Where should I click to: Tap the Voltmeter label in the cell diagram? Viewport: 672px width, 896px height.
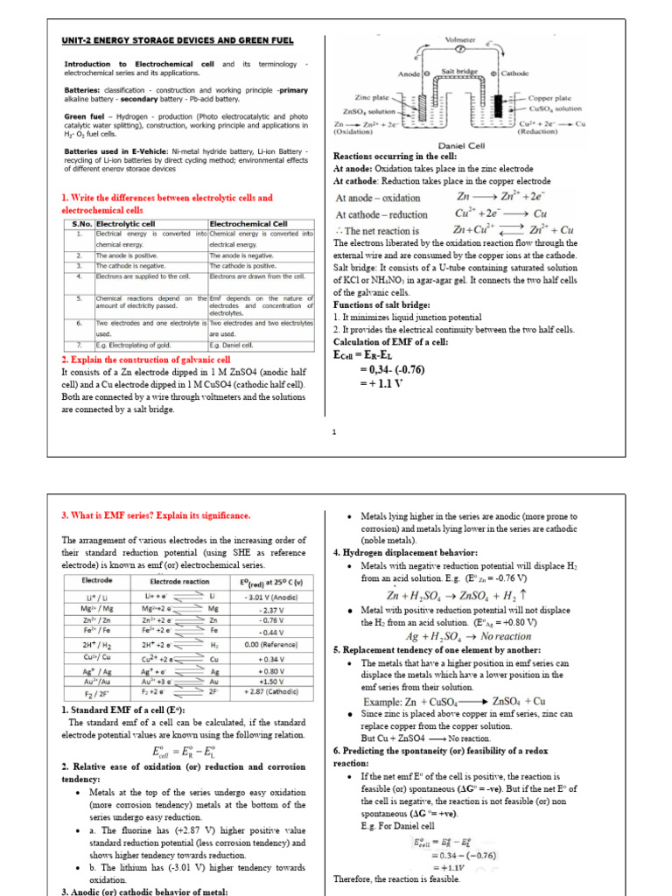click(462, 40)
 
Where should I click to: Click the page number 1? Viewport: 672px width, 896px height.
click(335, 432)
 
